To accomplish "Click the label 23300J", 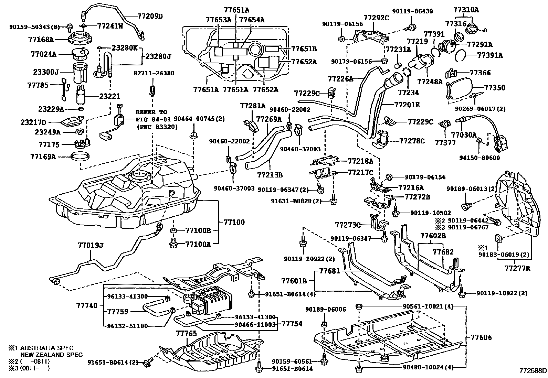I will (46, 72).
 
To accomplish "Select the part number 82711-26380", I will (154, 73).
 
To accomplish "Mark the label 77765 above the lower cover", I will (186, 333).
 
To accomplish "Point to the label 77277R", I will (517, 268).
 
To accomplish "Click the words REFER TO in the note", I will (151, 112).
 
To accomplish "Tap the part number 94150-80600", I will (479, 158).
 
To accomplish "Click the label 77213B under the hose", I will (270, 174).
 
